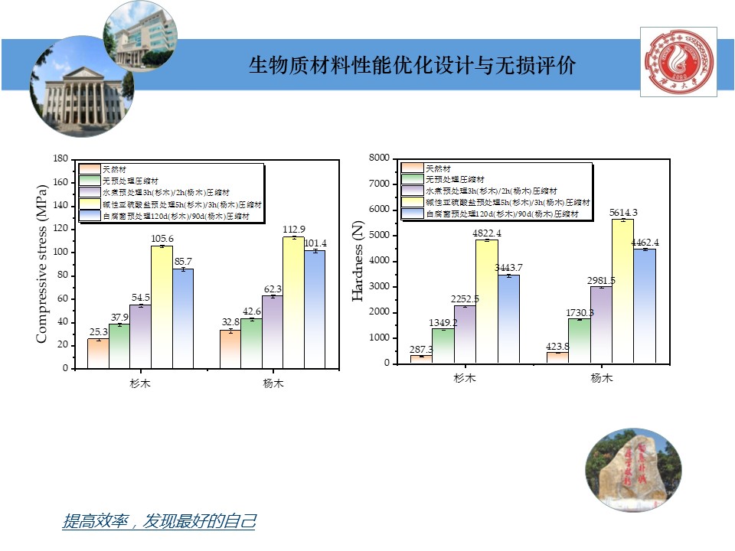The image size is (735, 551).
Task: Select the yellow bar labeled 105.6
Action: [162, 306]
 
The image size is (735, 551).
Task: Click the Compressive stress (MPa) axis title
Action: [41, 263]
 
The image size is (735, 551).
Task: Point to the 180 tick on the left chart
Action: [60, 159]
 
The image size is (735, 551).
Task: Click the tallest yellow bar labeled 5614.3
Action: [622, 291]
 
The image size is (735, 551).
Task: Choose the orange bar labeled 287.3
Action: [421, 359]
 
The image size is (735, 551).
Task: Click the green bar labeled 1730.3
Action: [579, 341]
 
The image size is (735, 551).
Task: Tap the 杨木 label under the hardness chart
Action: [602, 378]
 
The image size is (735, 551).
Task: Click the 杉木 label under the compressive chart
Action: [140, 383]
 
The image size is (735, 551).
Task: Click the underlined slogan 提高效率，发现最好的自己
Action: [158, 522]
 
